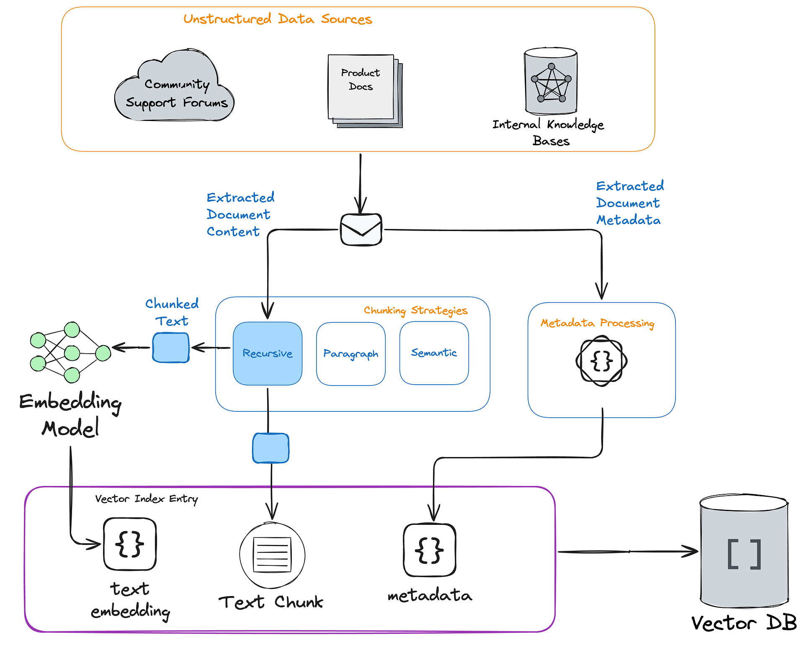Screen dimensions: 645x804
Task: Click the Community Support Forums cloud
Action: click(x=174, y=88)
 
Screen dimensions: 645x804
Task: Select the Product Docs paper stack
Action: click(x=363, y=90)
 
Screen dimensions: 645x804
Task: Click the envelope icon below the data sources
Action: click(x=361, y=230)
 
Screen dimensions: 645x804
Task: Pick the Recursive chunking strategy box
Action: click(x=268, y=353)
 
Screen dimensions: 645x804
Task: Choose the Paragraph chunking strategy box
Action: click(x=350, y=354)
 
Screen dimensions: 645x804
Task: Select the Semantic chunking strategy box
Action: click(x=434, y=353)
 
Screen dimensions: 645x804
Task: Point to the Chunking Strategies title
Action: click(x=415, y=310)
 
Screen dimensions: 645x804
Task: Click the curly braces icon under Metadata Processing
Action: click(x=601, y=361)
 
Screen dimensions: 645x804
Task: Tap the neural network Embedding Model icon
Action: click(x=70, y=352)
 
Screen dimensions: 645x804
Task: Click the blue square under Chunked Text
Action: click(x=171, y=347)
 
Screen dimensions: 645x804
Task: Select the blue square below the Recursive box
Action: click(x=271, y=448)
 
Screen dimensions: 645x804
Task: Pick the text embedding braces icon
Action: click(x=130, y=544)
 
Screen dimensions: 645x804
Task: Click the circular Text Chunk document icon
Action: click(x=272, y=555)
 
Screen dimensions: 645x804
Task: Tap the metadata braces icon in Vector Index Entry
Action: click(x=429, y=550)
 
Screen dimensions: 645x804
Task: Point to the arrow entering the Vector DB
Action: click(x=628, y=552)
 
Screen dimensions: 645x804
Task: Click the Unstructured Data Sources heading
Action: click(x=278, y=19)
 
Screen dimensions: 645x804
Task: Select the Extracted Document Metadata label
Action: click(x=629, y=203)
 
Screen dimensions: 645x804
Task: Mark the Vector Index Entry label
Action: click(x=146, y=499)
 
